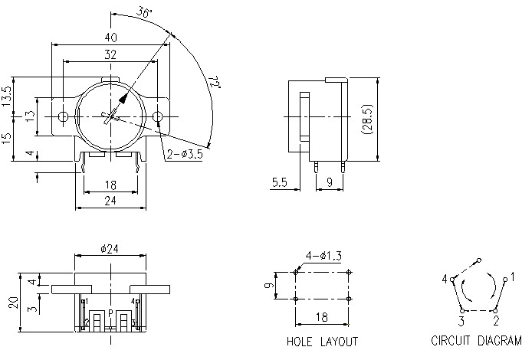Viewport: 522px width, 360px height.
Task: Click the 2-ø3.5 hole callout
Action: [x=185, y=154]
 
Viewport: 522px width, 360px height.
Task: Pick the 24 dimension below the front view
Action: [x=110, y=201]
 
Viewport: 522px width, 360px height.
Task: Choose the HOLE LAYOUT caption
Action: [x=322, y=342]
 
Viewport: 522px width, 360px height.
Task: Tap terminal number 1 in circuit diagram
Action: [x=512, y=276]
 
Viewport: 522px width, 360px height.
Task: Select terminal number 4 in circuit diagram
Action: [x=444, y=280]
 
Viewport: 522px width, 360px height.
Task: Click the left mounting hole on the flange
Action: [x=64, y=116]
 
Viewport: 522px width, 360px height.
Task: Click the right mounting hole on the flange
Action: [x=158, y=116]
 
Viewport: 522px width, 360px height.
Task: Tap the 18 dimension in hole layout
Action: [x=322, y=317]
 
